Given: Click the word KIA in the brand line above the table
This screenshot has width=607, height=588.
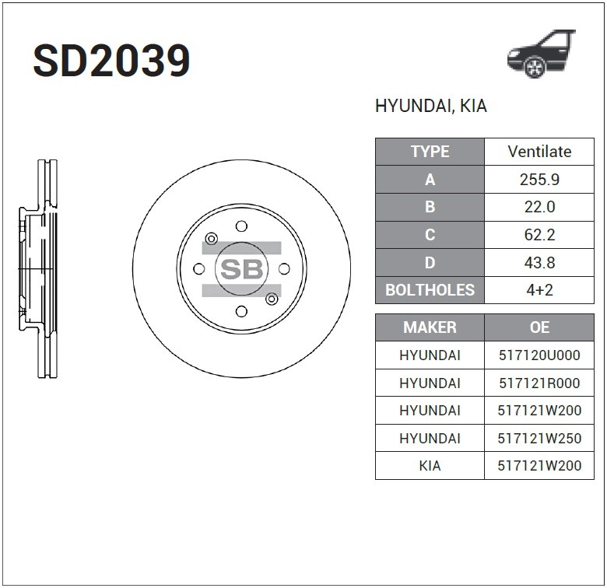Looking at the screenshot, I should pos(473,107).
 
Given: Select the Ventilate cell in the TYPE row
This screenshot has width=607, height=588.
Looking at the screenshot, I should pos(539,152).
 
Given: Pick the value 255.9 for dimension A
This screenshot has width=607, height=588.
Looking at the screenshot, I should pos(539,180).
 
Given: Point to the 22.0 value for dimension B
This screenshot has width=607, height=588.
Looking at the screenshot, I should pos(539,207).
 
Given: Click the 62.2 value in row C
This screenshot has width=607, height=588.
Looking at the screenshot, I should pos(539,235).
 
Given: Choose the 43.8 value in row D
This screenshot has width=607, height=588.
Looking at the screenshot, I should pos(539,263).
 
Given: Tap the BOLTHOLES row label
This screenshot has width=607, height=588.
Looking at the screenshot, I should pos(430,290).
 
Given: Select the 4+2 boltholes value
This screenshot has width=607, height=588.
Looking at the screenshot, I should pos(539,290).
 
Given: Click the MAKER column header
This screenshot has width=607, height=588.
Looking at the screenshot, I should pos(430,327).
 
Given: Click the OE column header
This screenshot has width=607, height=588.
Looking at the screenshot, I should pos(539,327).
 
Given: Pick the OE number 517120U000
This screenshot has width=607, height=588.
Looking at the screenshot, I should pos(539,355).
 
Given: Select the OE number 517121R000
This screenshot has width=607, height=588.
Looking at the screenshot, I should pos(539,383).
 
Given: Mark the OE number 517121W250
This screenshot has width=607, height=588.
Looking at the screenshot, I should pos(539,439).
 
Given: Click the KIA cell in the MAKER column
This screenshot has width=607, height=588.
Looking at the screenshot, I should pos(430,466).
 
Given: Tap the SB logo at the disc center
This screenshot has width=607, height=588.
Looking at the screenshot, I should pos(241,269).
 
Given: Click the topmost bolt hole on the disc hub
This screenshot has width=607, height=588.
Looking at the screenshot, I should pos(241,226).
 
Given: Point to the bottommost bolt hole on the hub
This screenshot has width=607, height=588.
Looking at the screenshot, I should pos(241,311).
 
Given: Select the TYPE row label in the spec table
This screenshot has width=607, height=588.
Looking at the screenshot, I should pos(430,152).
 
